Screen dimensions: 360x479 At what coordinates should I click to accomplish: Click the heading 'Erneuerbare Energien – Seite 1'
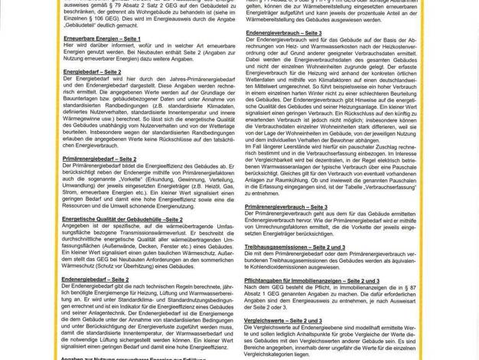pyautogui.click(x=102, y=38)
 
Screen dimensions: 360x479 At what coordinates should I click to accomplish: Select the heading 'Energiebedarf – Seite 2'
pyautogui.click(x=92, y=71)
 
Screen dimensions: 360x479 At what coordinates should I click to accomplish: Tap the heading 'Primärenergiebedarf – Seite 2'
pyautogui.click(x=99, y=159)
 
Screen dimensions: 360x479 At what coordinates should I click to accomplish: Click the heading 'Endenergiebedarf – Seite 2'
pyautogui.click(x=95, y=280)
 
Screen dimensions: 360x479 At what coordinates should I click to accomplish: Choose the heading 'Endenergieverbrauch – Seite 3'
pyautogui.click(x=284, y=33)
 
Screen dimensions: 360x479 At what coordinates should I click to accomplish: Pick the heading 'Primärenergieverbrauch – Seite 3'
pyautogui.click(x=286, y=207)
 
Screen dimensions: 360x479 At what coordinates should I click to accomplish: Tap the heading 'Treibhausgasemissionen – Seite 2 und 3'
pyautogui.click(x=295, y=247)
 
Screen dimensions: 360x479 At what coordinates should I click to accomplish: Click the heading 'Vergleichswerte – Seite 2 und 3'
pyautogui.click(x=283, y=320)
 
